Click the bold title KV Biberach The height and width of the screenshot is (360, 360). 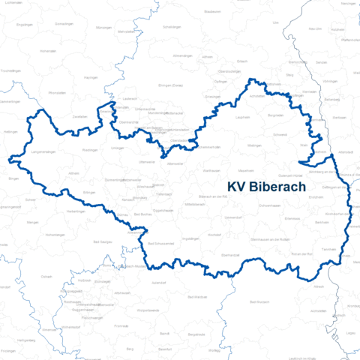266,187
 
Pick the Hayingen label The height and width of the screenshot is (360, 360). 91,77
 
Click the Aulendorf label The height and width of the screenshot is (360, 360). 158,281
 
